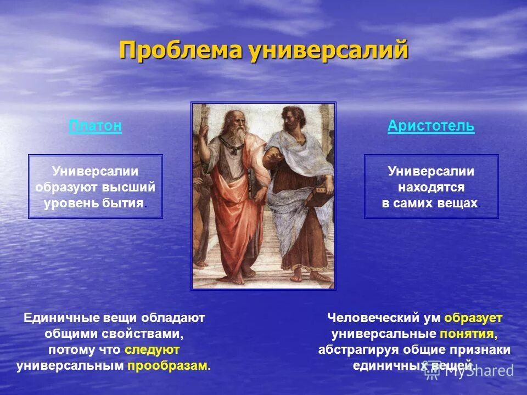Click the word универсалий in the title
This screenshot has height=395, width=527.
[x=328, y=50]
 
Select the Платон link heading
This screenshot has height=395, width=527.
[x=95, y=126]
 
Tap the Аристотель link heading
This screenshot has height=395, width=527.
[x=431, y=126]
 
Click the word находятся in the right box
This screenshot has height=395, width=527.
[x=431, y=187]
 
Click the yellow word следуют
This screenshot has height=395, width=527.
[x=152, y=349]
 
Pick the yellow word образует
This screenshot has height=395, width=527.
[x=473, y=318]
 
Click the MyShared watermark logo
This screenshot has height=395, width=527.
[x=469, y=371]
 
